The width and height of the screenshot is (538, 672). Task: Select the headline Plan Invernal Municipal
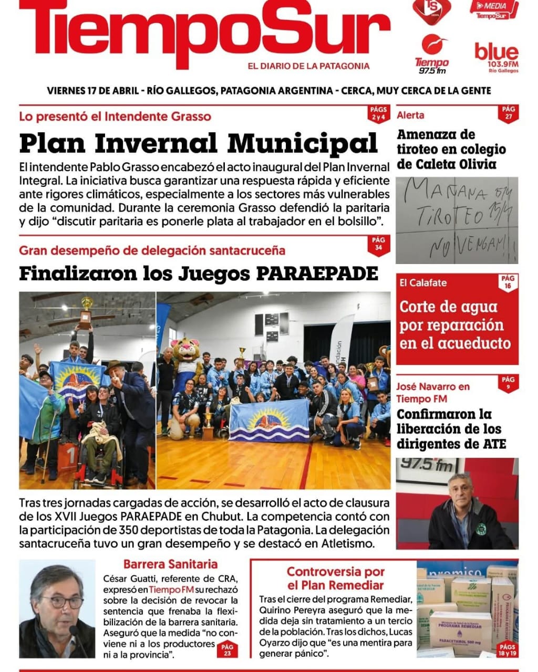pyautogui.click(x=198, y=143)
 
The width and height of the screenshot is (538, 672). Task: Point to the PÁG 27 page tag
pyautogui.click(x=508, y=113)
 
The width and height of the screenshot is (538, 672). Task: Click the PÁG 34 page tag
pyautogui.click(x=378, y=244)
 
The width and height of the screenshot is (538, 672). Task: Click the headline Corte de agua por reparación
pyautogui.click(x=454, y=324)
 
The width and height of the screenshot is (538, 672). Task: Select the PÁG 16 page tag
pyautogui.click(x=508, y=282)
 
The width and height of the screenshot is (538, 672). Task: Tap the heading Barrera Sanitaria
pyautogui.click(x=170, y=564)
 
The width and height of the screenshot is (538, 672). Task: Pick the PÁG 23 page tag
pyautogui.click(x=227, y=650)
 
